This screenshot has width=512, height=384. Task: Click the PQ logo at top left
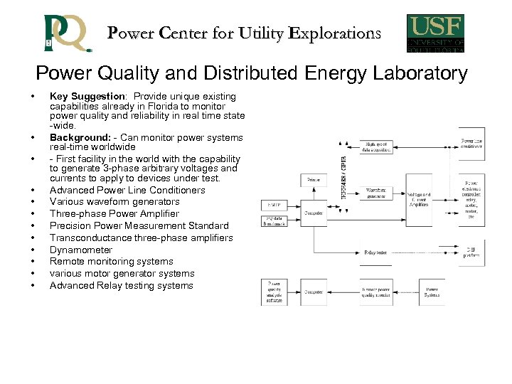point(67,33)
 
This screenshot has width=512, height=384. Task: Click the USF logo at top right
point(436,33)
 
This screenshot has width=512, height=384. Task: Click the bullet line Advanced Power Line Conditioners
point(127,190)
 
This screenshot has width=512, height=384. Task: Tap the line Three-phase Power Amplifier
point(114,213)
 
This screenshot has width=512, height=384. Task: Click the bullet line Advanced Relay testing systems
point(122,285)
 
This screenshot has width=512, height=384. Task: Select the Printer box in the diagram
point(314,181)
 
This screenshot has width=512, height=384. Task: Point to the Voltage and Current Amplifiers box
point(419,198)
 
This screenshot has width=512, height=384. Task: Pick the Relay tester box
point(376,252)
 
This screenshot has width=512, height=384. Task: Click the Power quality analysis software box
point(274,292)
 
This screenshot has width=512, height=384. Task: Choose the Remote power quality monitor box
point(376,292)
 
